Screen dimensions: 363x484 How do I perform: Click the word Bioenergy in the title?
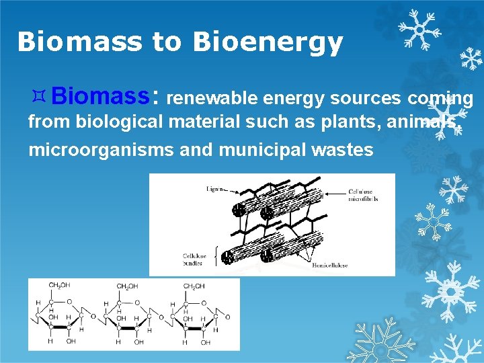pyautogui.click(x=268, y=42)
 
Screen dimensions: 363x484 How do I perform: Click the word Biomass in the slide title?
pyautogui.click(x=80, y=42)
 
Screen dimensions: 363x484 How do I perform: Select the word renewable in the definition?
pyautogui.click(x=212, y=99)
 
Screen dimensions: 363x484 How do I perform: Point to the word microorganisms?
pyautogui.click(x=101, y=149)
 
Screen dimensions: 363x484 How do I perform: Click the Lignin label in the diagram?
pyautogui.click(x=214, y=189)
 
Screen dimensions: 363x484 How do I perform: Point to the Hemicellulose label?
pyautogui.click(x=329, y=266)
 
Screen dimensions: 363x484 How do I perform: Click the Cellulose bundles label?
pyautogui.click(x=196, y=259)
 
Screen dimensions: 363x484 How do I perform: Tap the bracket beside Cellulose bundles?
pyautogui.click(x=215, y=256)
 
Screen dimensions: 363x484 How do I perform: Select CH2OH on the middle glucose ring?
pyautogui.click(x=126, y=287)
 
